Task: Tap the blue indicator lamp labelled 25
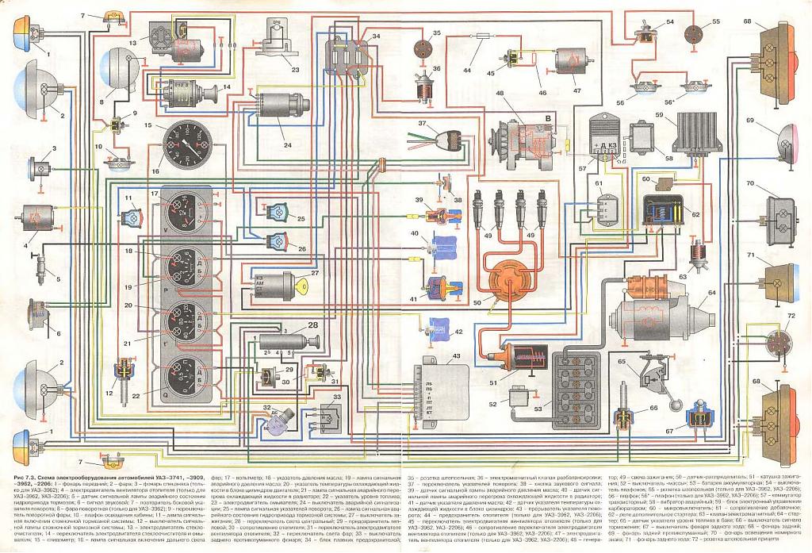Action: pos(278,212)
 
